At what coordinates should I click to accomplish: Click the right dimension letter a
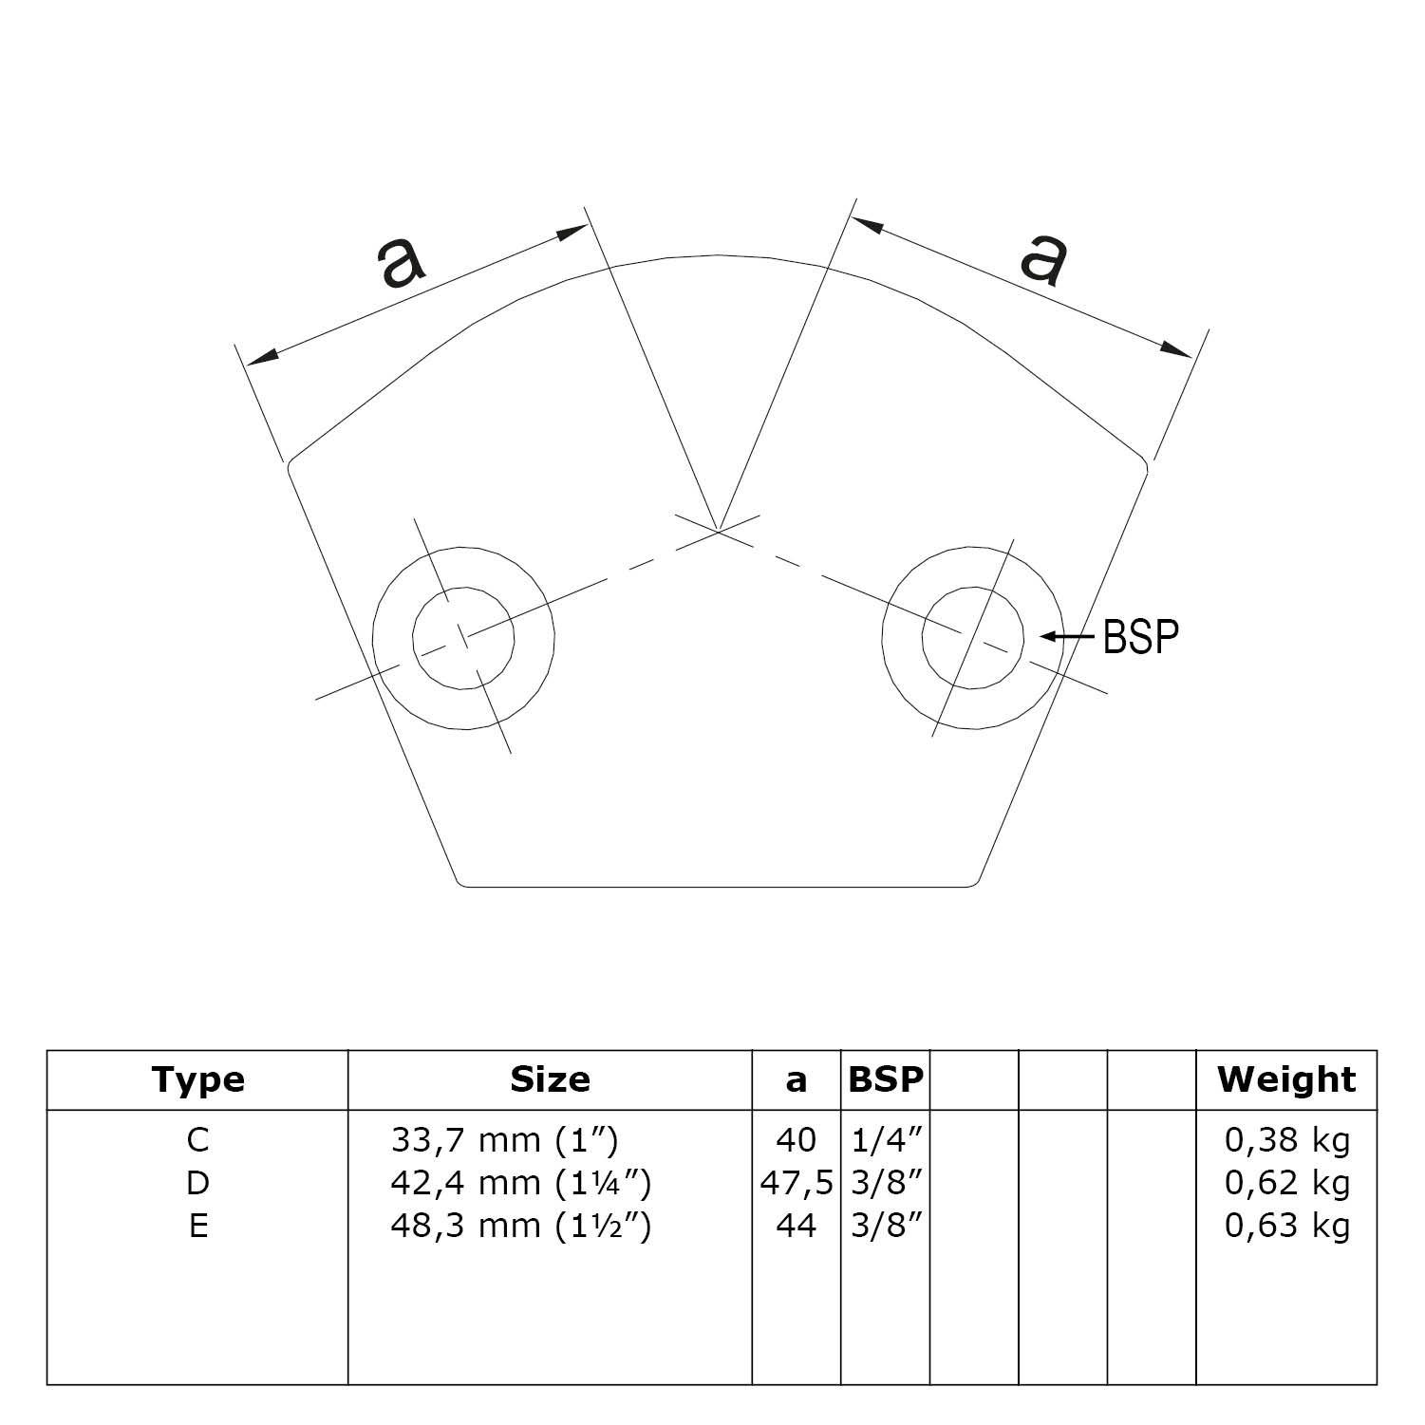(1044, 256)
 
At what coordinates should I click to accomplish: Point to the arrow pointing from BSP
(1068, 636)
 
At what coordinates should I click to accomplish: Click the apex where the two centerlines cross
(719, 531)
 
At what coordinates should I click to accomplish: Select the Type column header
(197, 1079)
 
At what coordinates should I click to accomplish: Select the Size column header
(550, 1079)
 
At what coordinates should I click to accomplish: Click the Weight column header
(1286, 1079)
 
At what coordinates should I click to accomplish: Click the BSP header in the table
(885, 1079)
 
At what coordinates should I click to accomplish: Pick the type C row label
(197, 1139)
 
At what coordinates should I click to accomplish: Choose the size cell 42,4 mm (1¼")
(520, 1183)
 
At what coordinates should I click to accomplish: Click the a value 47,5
(797, 1183)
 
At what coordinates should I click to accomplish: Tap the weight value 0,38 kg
(1286, 1139)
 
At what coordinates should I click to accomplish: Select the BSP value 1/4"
(885, 1139)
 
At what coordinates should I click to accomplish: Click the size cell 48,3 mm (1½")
(520, 1226)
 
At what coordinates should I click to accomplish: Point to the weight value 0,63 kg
(1286, 1226)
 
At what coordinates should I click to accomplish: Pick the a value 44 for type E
(796, 1226)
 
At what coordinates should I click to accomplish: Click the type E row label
(197, 1226)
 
